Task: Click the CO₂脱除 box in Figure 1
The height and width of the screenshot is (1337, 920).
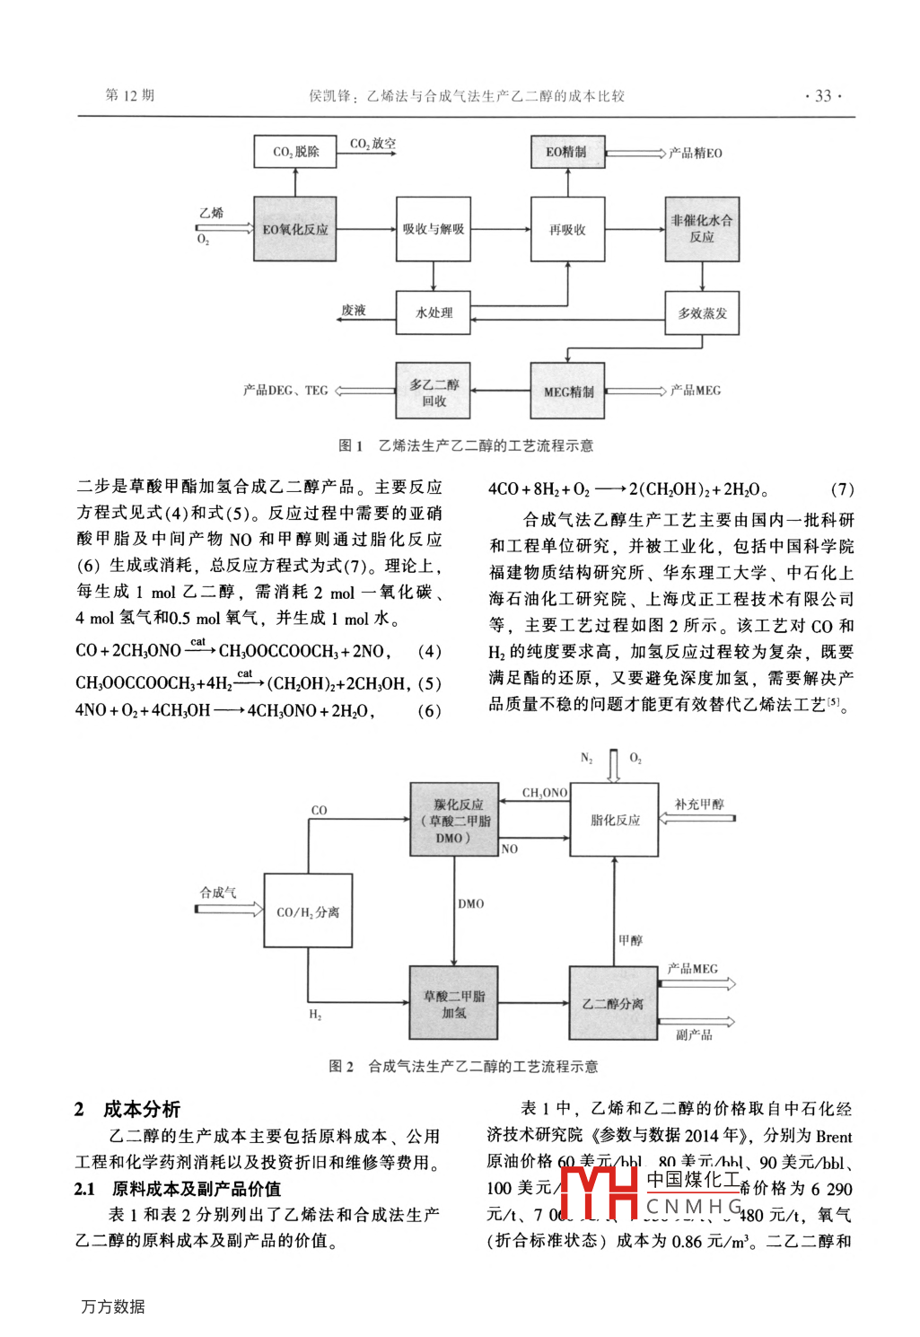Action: pyautogui.click(x=295, y=152)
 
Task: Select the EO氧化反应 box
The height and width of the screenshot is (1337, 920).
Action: pyautogui.click(x=295, y=229)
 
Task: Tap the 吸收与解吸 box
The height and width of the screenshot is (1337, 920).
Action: pyautogui.click(x=434, y=229)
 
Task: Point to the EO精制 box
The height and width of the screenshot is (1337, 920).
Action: pyautogui.click(x=567, y=152)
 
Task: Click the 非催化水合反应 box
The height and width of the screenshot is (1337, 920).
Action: pyautogui.click(x=702, y=229)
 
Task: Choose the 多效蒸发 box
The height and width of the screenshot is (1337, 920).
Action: pyautogui.click(x=702, y=312)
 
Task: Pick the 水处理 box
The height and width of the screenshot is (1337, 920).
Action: pyautogui.click(x=434, y=312)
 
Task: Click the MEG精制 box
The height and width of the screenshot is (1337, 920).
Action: pyautogui.click(x=567, y=391)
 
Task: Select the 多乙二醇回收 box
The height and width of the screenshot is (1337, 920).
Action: pyautogui.click(x=434, y=391)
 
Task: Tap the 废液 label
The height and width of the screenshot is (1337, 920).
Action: pyautogui.click(x=354, y=310)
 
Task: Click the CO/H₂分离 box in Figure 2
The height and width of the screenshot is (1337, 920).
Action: pyautogui.click(x=308, y=910)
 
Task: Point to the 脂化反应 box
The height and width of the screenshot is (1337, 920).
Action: pyautogui.click(x=615, y=819)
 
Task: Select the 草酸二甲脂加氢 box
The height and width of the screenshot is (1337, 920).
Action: pyautogui.click(x=454, y=1003)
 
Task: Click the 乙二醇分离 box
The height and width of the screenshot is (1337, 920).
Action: pyautogui.click(x=614, y=1003)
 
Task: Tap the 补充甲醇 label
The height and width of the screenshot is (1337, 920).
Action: pyautogui.click(x=699, y=804)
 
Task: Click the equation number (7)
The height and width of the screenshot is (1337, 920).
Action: pyautogui.click(x=842, y=489)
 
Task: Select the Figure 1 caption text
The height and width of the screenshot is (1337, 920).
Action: pyautogui.click(x=466, y=445)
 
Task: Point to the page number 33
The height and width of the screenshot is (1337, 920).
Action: pyautogui.click(x=823, y=96)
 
